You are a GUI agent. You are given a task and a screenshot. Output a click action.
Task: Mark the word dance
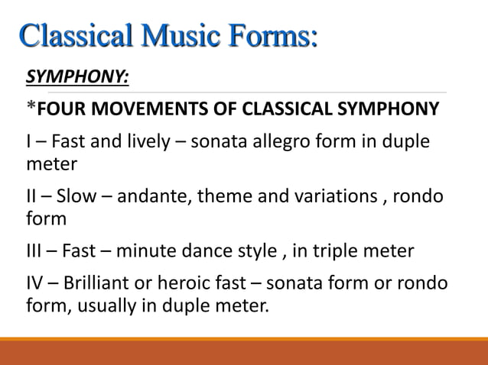pyautogui.click(x=206, y=250)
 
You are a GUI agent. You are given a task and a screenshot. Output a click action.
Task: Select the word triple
pyautogui.click(x=330, y=250)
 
